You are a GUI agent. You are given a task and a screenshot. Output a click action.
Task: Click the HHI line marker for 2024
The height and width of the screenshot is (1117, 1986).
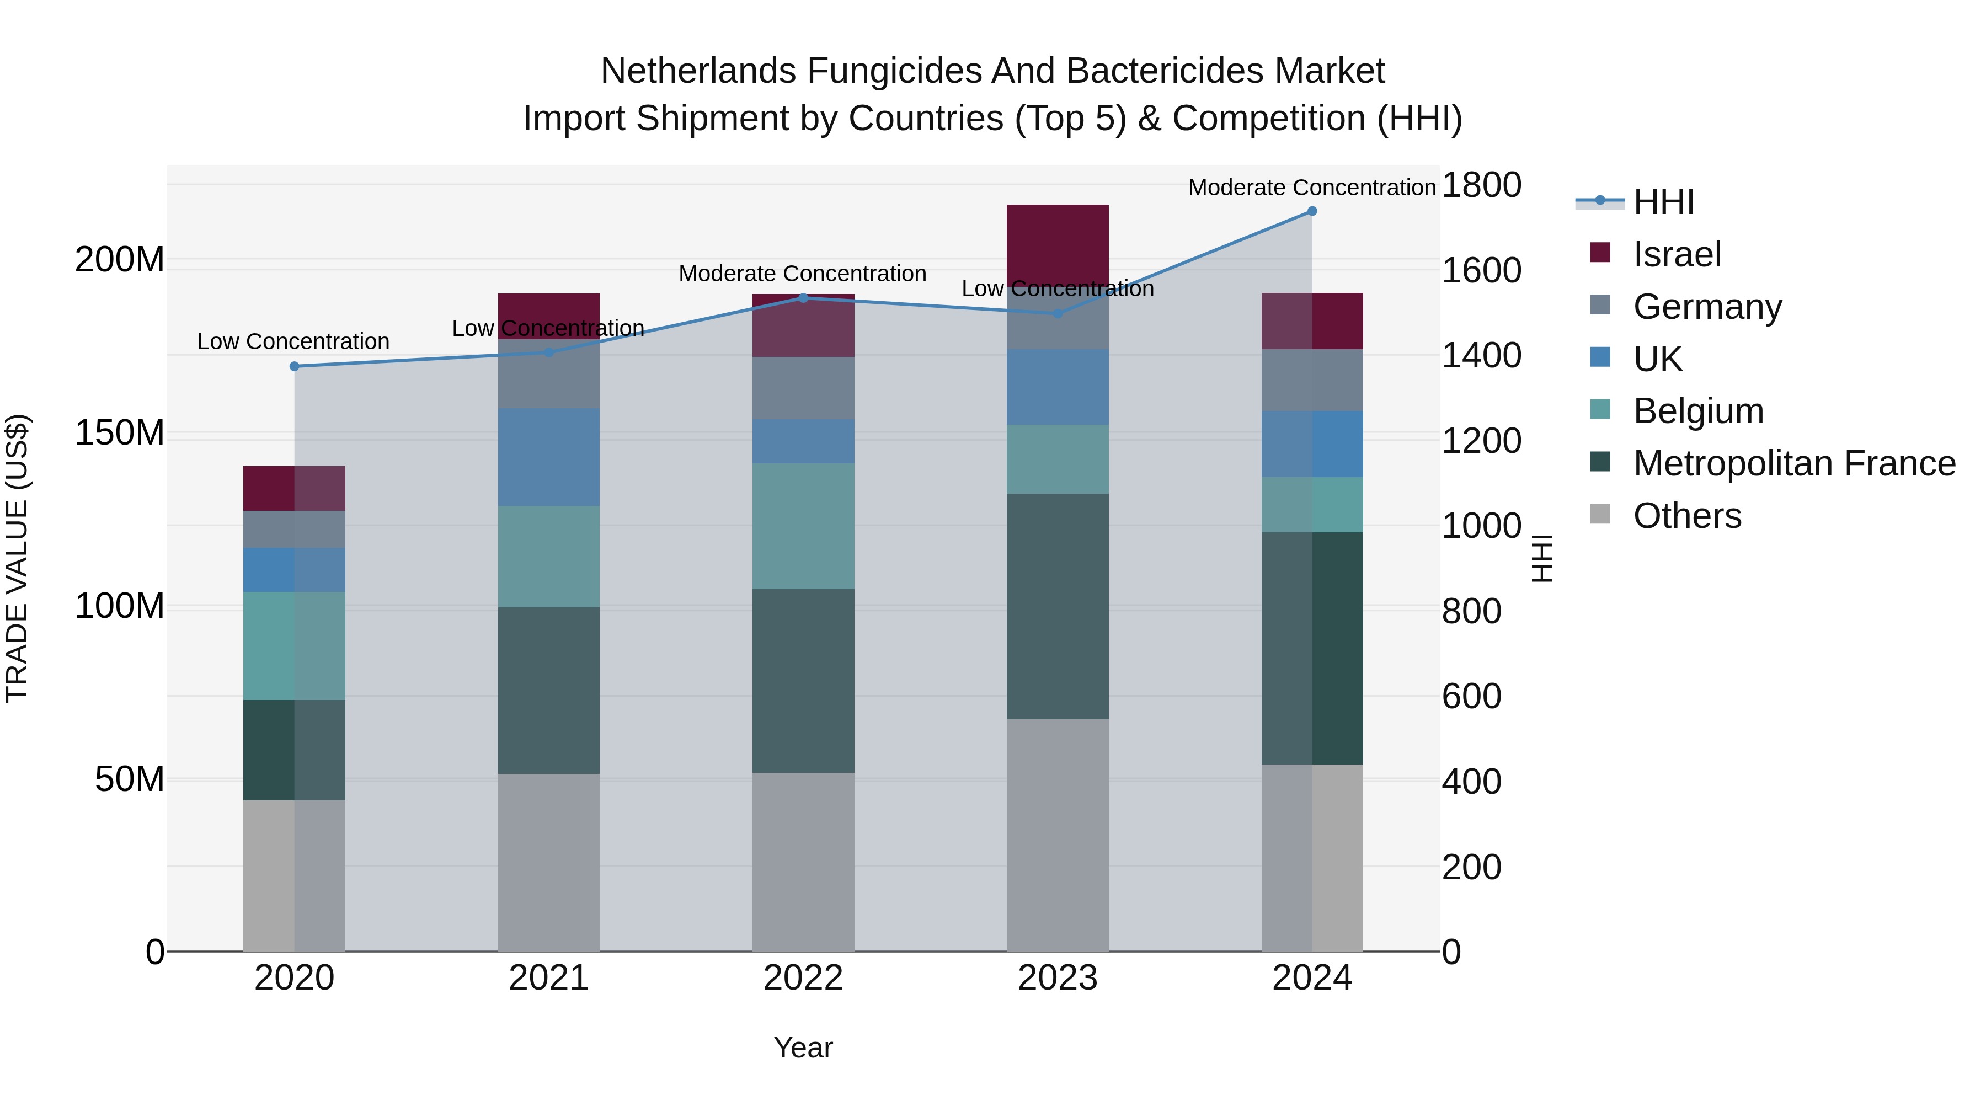coord(1312,211)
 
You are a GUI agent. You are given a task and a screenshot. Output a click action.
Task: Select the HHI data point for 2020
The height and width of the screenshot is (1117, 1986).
coord(295,366)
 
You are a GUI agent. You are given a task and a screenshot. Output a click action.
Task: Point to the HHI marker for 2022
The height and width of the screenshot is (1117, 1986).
coord(803,297)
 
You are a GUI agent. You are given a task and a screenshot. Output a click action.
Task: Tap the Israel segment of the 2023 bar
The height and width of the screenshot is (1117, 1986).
coord(1058,245)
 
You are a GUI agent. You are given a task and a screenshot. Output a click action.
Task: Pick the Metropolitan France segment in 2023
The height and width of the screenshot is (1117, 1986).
coord(1058,607)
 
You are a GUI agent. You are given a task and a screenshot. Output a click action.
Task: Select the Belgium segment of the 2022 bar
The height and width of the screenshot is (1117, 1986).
coord(803,527)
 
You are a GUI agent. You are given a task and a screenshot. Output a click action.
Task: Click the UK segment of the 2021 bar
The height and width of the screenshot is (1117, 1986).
coord(549,457)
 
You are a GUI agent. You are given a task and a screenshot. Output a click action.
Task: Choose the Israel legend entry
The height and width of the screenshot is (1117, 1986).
coord(1677,254)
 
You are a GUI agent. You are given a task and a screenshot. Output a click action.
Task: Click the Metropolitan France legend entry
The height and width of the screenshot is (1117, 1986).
coord(1794,463)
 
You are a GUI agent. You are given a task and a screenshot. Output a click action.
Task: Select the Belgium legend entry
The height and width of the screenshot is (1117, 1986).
coord(1699,411)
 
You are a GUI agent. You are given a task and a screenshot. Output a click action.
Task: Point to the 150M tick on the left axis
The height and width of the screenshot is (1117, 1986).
coord(120,433)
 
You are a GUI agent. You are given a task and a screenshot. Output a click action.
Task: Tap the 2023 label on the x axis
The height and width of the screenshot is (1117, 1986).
coord(1058,978)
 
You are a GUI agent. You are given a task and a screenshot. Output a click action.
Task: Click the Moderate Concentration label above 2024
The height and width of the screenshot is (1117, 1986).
coord(1312,188)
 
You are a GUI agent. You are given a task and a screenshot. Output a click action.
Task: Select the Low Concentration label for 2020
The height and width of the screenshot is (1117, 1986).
coord(293,341)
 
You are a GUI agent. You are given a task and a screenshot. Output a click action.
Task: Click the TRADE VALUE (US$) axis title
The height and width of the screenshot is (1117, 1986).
coord(17,558)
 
